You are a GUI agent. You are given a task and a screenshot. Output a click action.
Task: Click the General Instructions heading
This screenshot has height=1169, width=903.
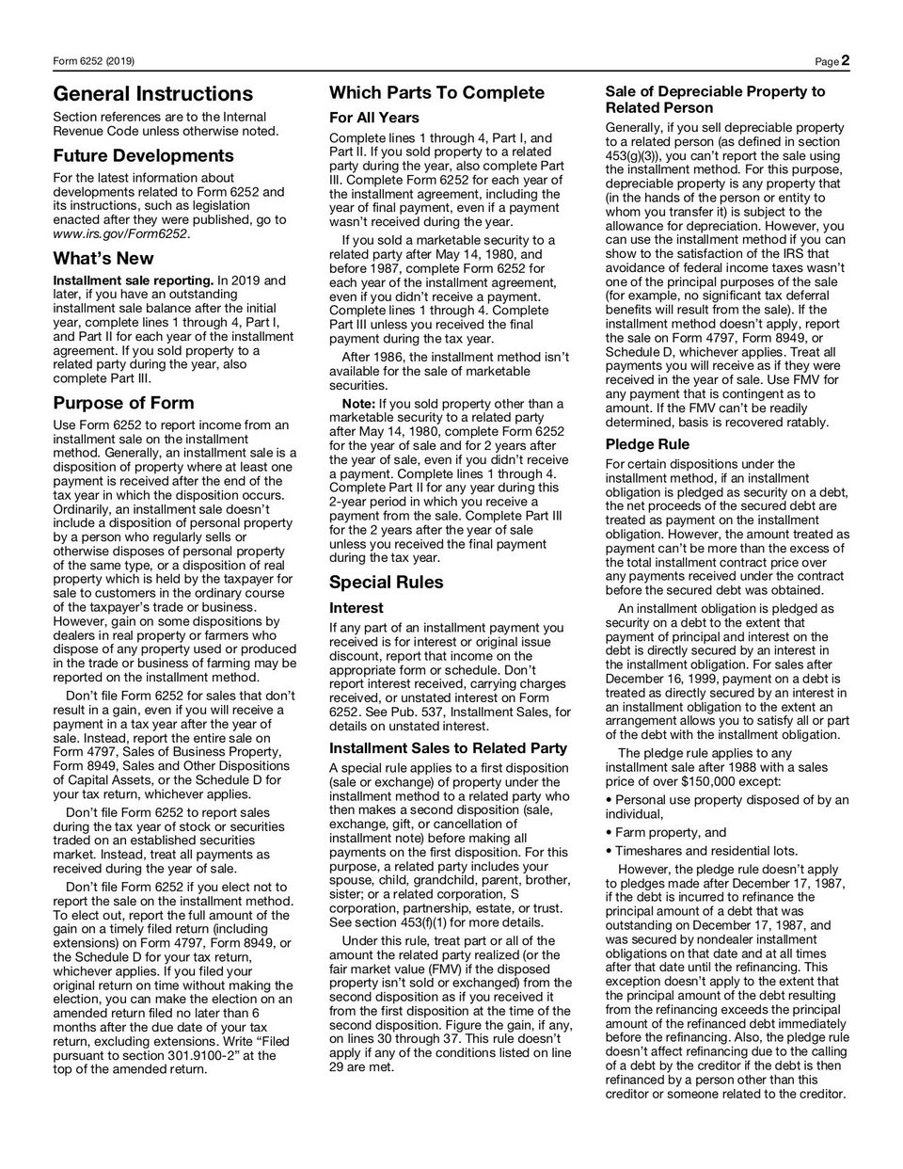(x=153, y=94)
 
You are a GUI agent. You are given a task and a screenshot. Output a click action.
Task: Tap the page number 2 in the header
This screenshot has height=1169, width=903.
(x=846, y=61)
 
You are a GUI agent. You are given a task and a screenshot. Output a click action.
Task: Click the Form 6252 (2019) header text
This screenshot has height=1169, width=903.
(x=93, y=62)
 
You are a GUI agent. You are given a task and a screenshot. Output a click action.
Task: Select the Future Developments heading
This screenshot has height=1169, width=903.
(x=143, y=155)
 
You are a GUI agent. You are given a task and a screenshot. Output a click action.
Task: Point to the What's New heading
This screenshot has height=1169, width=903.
(x=103, y=258)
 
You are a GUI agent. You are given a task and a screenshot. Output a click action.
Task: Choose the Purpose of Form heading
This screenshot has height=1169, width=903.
(x=123, y=404)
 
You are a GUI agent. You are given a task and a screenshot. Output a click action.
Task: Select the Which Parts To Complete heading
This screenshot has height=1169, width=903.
(x=436, y=92)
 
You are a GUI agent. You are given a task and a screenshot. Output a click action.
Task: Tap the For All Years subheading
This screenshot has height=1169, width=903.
(x=373, y=118)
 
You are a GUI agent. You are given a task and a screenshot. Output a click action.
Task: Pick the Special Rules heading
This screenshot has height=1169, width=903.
(x=386, y=582)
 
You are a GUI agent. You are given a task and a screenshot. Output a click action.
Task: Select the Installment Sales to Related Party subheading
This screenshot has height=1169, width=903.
(x=448, y=748)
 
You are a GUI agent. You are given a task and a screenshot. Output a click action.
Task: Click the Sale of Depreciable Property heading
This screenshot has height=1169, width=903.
(x=715, y=100)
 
